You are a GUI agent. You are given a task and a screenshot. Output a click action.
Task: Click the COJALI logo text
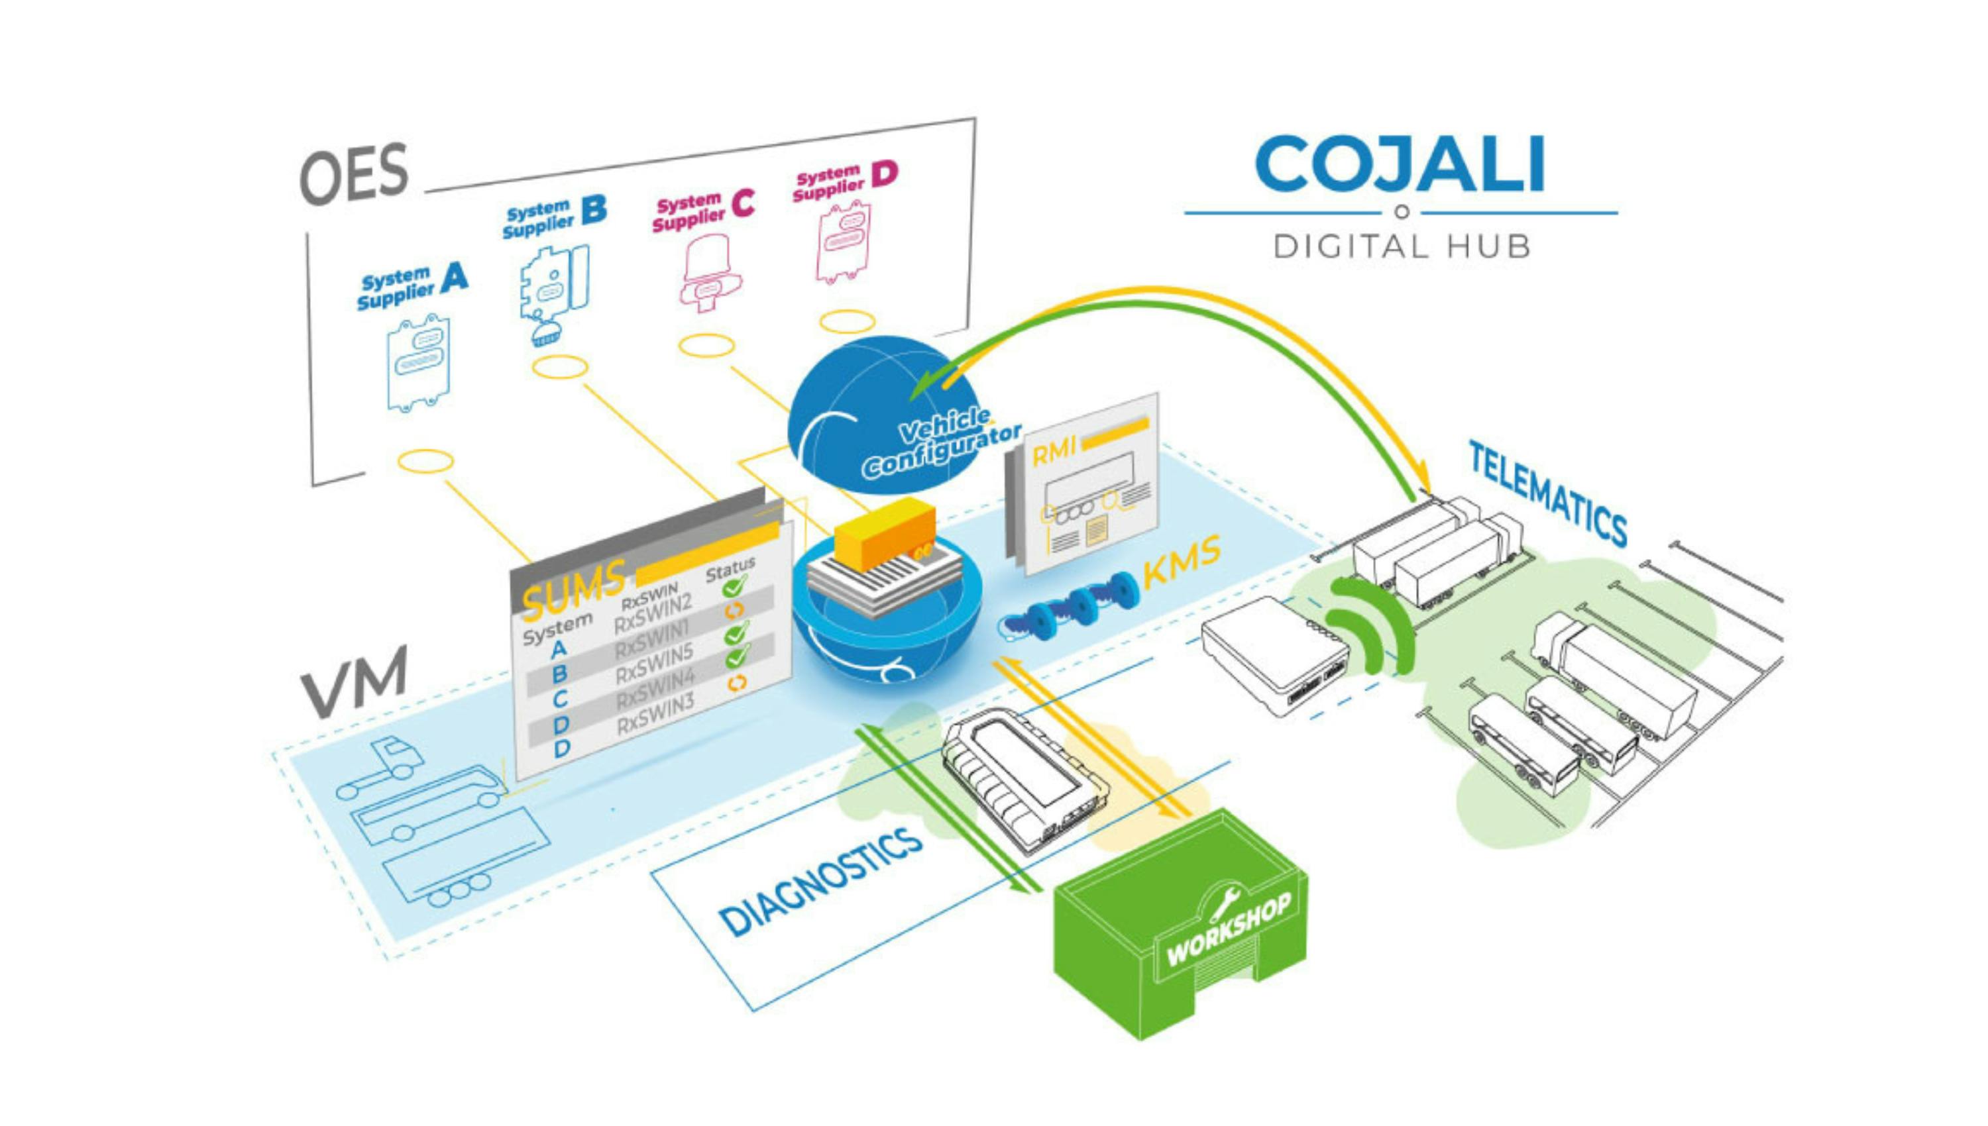[1400, 164]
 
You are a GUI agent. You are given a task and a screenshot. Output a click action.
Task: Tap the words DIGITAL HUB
[1402, 246]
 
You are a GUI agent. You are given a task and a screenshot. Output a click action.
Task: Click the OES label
[353, 174]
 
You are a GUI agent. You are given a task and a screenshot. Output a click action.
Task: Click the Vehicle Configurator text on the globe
[939, 444]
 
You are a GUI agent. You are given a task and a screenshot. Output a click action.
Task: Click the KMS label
[1180, 560]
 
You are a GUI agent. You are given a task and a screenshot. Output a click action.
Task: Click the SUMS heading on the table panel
[573, 590]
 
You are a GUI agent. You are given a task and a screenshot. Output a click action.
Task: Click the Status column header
[730, 568]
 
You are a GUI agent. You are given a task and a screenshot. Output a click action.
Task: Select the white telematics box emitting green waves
[1275, 654]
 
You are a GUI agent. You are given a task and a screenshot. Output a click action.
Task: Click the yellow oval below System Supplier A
[425, 462]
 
